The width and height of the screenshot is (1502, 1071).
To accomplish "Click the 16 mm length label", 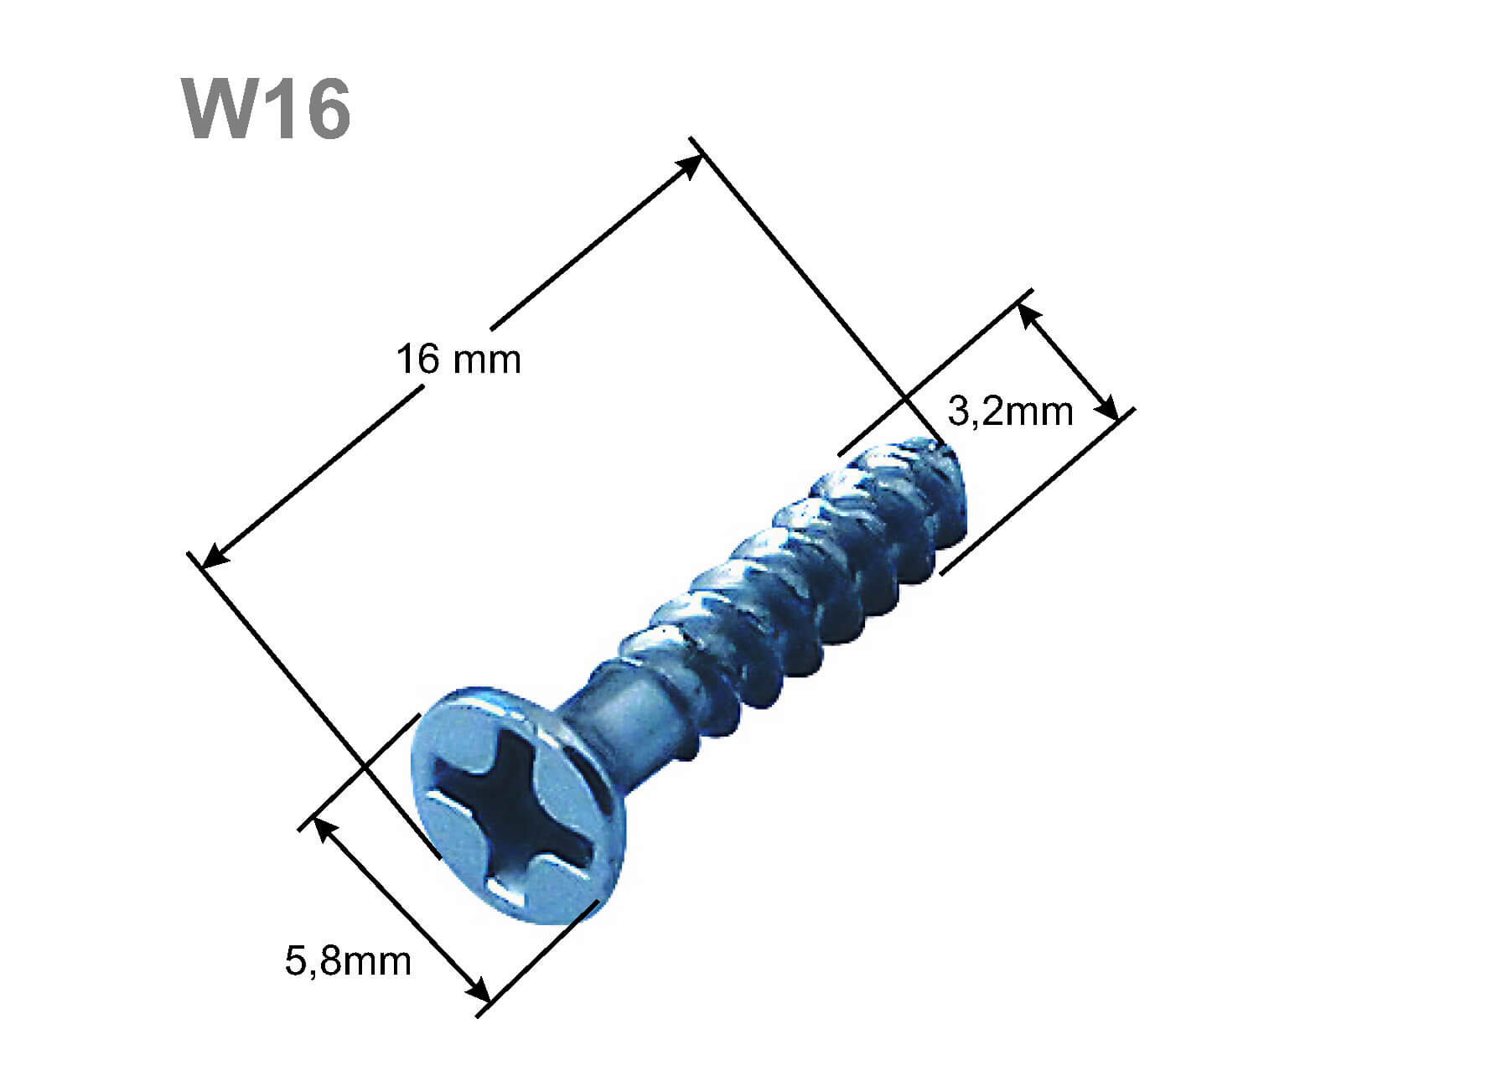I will (x=458, y=360).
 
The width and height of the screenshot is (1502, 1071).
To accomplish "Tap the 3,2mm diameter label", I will (x=1010, y=411).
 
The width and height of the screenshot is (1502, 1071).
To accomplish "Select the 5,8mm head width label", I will (x=348, y=960).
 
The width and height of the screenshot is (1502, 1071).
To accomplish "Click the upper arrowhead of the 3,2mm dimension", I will (x=1028, y=314).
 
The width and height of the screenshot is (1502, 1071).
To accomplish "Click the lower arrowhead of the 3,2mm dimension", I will (x=1108, y=409).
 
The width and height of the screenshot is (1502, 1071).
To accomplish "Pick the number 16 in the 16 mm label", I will (x=417, y=360).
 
